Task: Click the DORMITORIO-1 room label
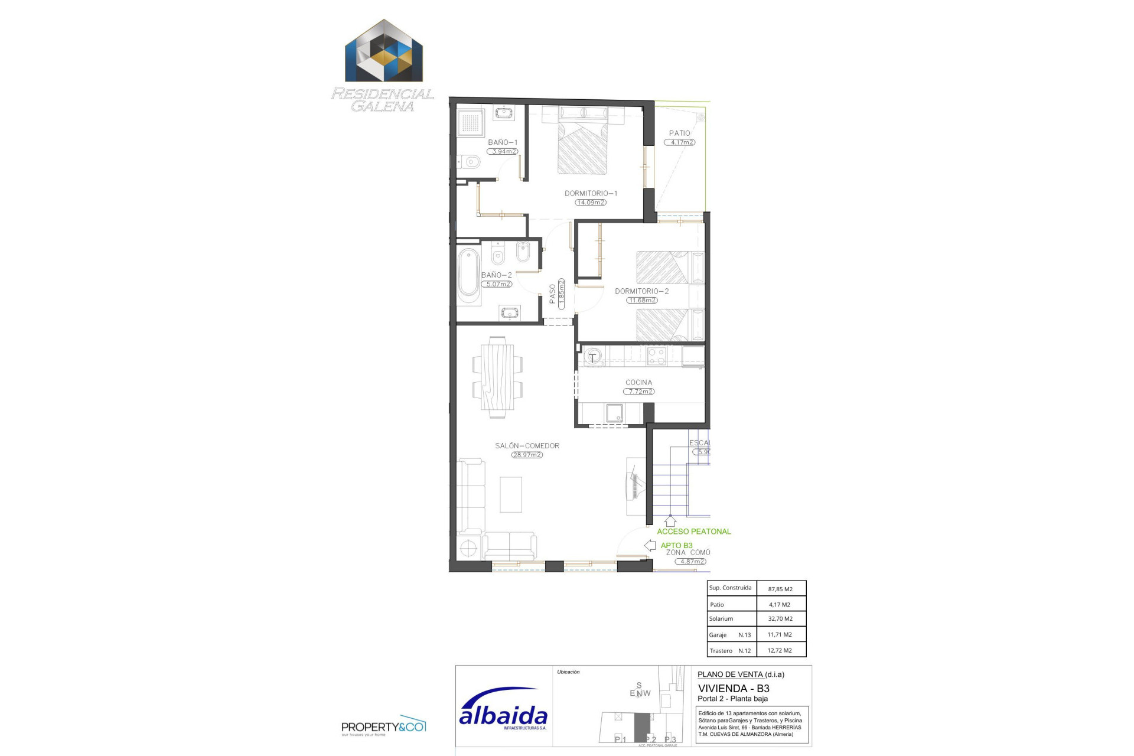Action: coord(591,193)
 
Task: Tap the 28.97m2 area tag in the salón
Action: coord(527,455)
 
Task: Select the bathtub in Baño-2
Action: coord(469,276)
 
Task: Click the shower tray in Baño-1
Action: coord(471,122)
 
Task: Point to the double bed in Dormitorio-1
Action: coord(582,148)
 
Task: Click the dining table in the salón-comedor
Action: coord(497,377)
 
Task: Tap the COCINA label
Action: coord(638,382)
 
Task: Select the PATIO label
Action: coord(679,133)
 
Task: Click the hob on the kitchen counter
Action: coord(656,356)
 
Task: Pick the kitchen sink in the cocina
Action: coord(614,413)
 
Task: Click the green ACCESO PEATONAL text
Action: coord(693,532)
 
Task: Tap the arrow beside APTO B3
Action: coord(650,545)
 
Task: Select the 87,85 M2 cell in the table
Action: coord(780,589)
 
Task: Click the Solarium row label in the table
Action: coord(721,619)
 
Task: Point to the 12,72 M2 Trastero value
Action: coord(780,650)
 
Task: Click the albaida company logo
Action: coord(503,709)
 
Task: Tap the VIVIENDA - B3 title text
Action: coord(734,688)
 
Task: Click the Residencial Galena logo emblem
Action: coord(384,52)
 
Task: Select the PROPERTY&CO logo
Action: coord(383,726)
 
